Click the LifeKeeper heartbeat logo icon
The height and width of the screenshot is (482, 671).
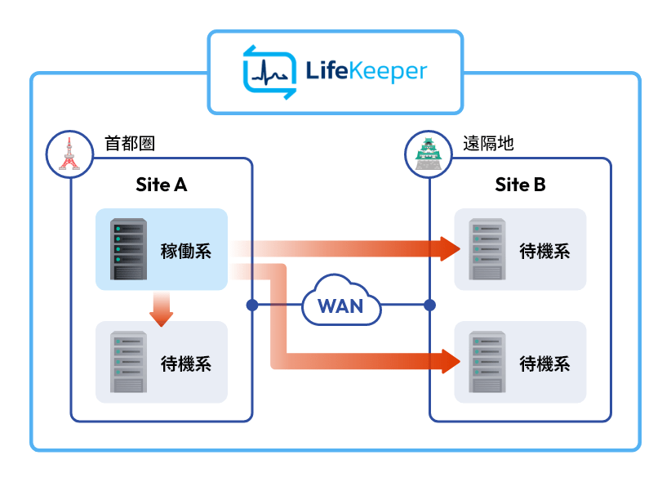pyautogui.click(x=270, y=72)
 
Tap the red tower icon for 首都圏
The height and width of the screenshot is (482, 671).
pyautogui.click(x=67, y=152)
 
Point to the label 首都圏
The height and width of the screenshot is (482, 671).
pyautogui.click(x=130, y=144)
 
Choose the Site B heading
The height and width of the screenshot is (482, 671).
pyautogui.click(x=520, y=185)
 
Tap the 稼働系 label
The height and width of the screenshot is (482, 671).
pyautogui.click(x=186, y=250)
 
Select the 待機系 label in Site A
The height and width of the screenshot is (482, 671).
pyautogui.click(x=186, y=363)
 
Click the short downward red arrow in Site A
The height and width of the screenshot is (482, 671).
pyautogui.click(x=161, y=311)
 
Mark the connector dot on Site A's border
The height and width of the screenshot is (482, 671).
pyautogui.click(x=251, y=306)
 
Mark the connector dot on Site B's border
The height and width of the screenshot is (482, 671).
pyautogui.click(x=430, y=306)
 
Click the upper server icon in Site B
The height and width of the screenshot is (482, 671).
pyautogui.click(x=487, y=249)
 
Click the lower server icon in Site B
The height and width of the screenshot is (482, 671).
pyautogui.click(x=487, y=362)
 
